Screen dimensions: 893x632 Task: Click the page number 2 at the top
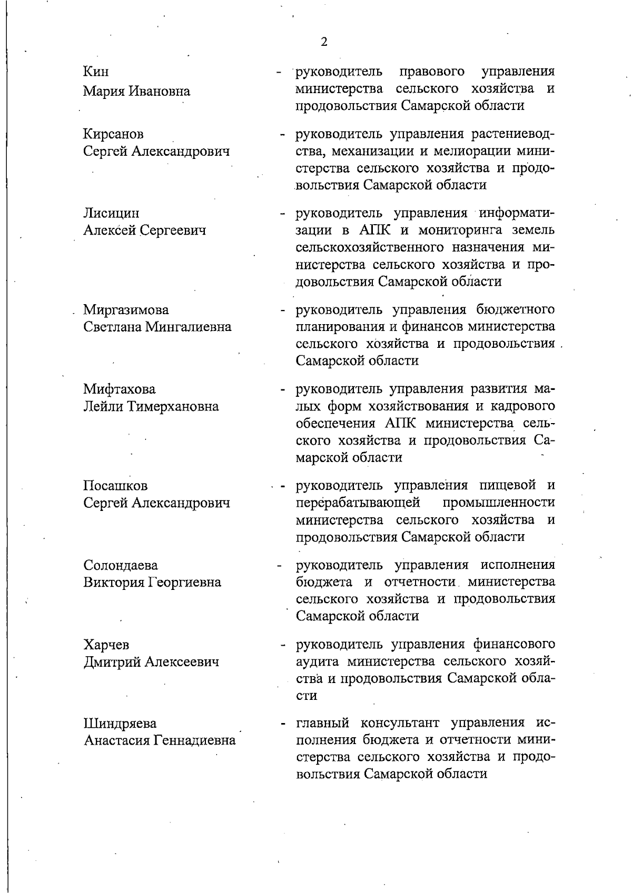coord(324,43)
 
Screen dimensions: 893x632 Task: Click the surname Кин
coord(96,72)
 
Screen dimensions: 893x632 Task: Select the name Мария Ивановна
coord(137,91)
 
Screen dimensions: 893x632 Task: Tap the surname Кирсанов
coord(114,134)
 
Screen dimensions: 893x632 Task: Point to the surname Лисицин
coord(111,213)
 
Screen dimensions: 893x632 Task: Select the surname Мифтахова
coord(120,389)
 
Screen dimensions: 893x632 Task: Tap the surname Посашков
coord(115,485)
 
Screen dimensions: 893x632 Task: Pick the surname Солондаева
coord(121,565)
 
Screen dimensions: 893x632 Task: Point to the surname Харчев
coord(106,645)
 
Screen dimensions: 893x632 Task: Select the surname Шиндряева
coord(120,724)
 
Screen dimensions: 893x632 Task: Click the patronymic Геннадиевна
coord(194,741)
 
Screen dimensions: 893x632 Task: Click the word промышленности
coord(499,503)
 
